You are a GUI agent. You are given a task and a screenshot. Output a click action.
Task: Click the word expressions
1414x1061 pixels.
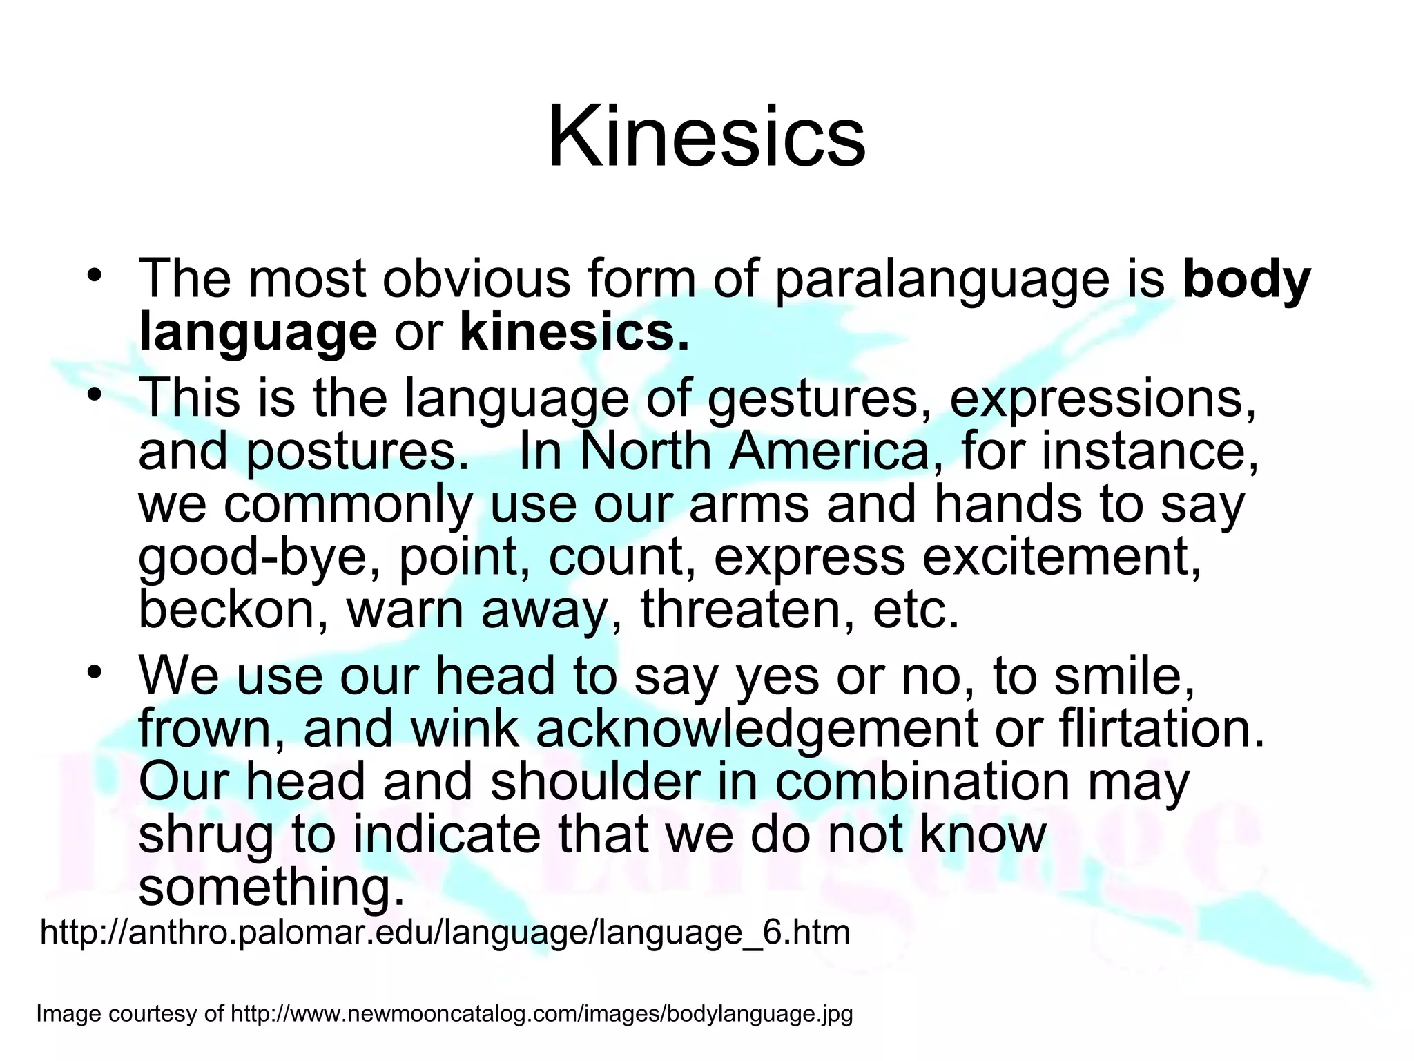[x=1103, y=399]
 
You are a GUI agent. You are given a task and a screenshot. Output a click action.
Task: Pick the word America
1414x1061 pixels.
[x=829, y=452]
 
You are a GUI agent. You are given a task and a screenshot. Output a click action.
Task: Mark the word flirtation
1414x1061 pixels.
[x=1161, y=729]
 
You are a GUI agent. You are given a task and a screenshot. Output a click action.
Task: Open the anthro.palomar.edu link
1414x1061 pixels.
[x=445, y=933]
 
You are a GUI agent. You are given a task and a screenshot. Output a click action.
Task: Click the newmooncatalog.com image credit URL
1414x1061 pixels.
[x=541, y=1014]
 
